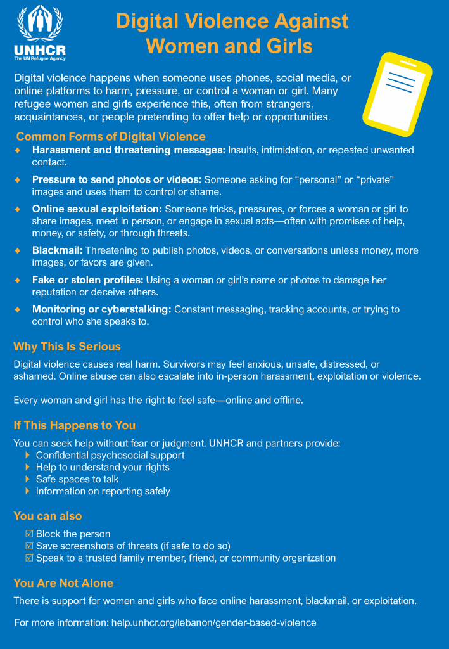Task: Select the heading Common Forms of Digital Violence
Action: click(x=111, y=136)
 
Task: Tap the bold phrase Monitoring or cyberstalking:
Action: click(x=102, y=309)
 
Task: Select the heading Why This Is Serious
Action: click(x=67, y=347)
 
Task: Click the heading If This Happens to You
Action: click(x=75, y=425)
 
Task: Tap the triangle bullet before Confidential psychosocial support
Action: click(x=27, y=456)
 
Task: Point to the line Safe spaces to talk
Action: click(x=77, y=479)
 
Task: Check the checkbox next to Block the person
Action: click(x=29, y=534)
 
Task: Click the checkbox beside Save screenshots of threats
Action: click(x=29, y=546)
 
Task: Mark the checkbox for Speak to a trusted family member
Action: click(x=29, y=558)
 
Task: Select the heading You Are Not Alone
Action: click(x=63, y=583)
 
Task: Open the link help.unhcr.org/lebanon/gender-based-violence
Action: click(x=213, y=622)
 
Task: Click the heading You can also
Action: click(x=47, y=516)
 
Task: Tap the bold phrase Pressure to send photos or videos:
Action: click(x=117, y=180)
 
